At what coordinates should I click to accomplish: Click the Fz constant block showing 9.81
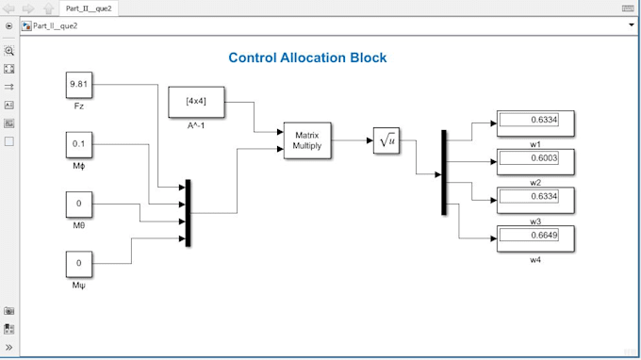[x=79, y=85]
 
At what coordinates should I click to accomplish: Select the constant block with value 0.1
[x=79, y=144]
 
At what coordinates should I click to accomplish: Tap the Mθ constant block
[x=79, y=205]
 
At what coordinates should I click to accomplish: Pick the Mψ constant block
[x=79, y=264]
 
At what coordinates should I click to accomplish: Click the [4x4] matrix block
[x=196, y=102]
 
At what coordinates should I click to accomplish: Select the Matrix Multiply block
[x=307, y=140]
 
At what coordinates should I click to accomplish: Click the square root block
[x=386, y=140]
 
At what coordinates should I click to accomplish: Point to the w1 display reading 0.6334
[x=535, y=123]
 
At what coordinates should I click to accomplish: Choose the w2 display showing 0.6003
[x=535, y=162]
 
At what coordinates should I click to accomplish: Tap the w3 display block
[x=535, y=200]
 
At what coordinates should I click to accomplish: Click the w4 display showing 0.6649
[x=535, y=238]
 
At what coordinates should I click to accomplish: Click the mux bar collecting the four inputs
[x=188, y=213]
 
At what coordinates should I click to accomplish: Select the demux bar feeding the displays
[x=444, y=172]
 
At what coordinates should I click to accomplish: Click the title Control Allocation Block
[x=307, y=57]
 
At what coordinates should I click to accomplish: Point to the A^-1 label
[x=196, y=126]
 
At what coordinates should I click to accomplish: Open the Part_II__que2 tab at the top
[x=89, y=8]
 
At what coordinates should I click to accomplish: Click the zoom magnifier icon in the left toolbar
[x=9, y=51]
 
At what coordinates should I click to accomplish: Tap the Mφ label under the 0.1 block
[x=79, y=166]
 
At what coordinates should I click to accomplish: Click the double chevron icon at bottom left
[x=9, y=348]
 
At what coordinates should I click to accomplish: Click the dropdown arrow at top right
[x=632, y=25]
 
